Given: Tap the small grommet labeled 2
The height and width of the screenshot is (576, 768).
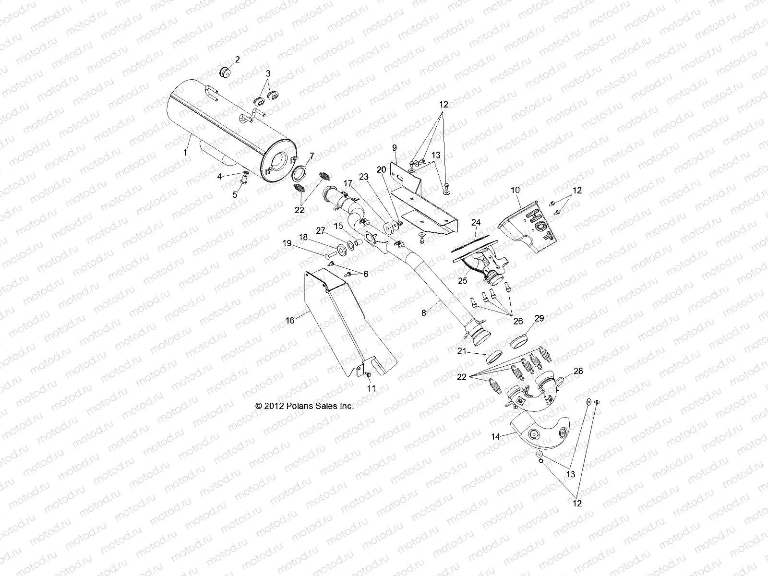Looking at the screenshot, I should point(224,72).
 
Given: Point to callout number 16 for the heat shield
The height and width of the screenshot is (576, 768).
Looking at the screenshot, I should point(290,321).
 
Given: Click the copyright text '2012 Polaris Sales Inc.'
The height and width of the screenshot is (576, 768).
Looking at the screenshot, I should point(305,406).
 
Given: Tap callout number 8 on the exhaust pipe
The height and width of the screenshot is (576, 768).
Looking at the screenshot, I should point(423,312).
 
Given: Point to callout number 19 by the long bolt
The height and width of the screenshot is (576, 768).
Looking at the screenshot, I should point(287,244).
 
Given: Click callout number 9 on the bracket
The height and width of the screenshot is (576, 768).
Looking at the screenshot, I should point(395,147).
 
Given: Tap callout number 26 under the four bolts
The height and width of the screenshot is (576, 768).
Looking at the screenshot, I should point(518,322).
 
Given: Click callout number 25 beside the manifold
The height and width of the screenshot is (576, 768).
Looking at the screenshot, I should point(462,281).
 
